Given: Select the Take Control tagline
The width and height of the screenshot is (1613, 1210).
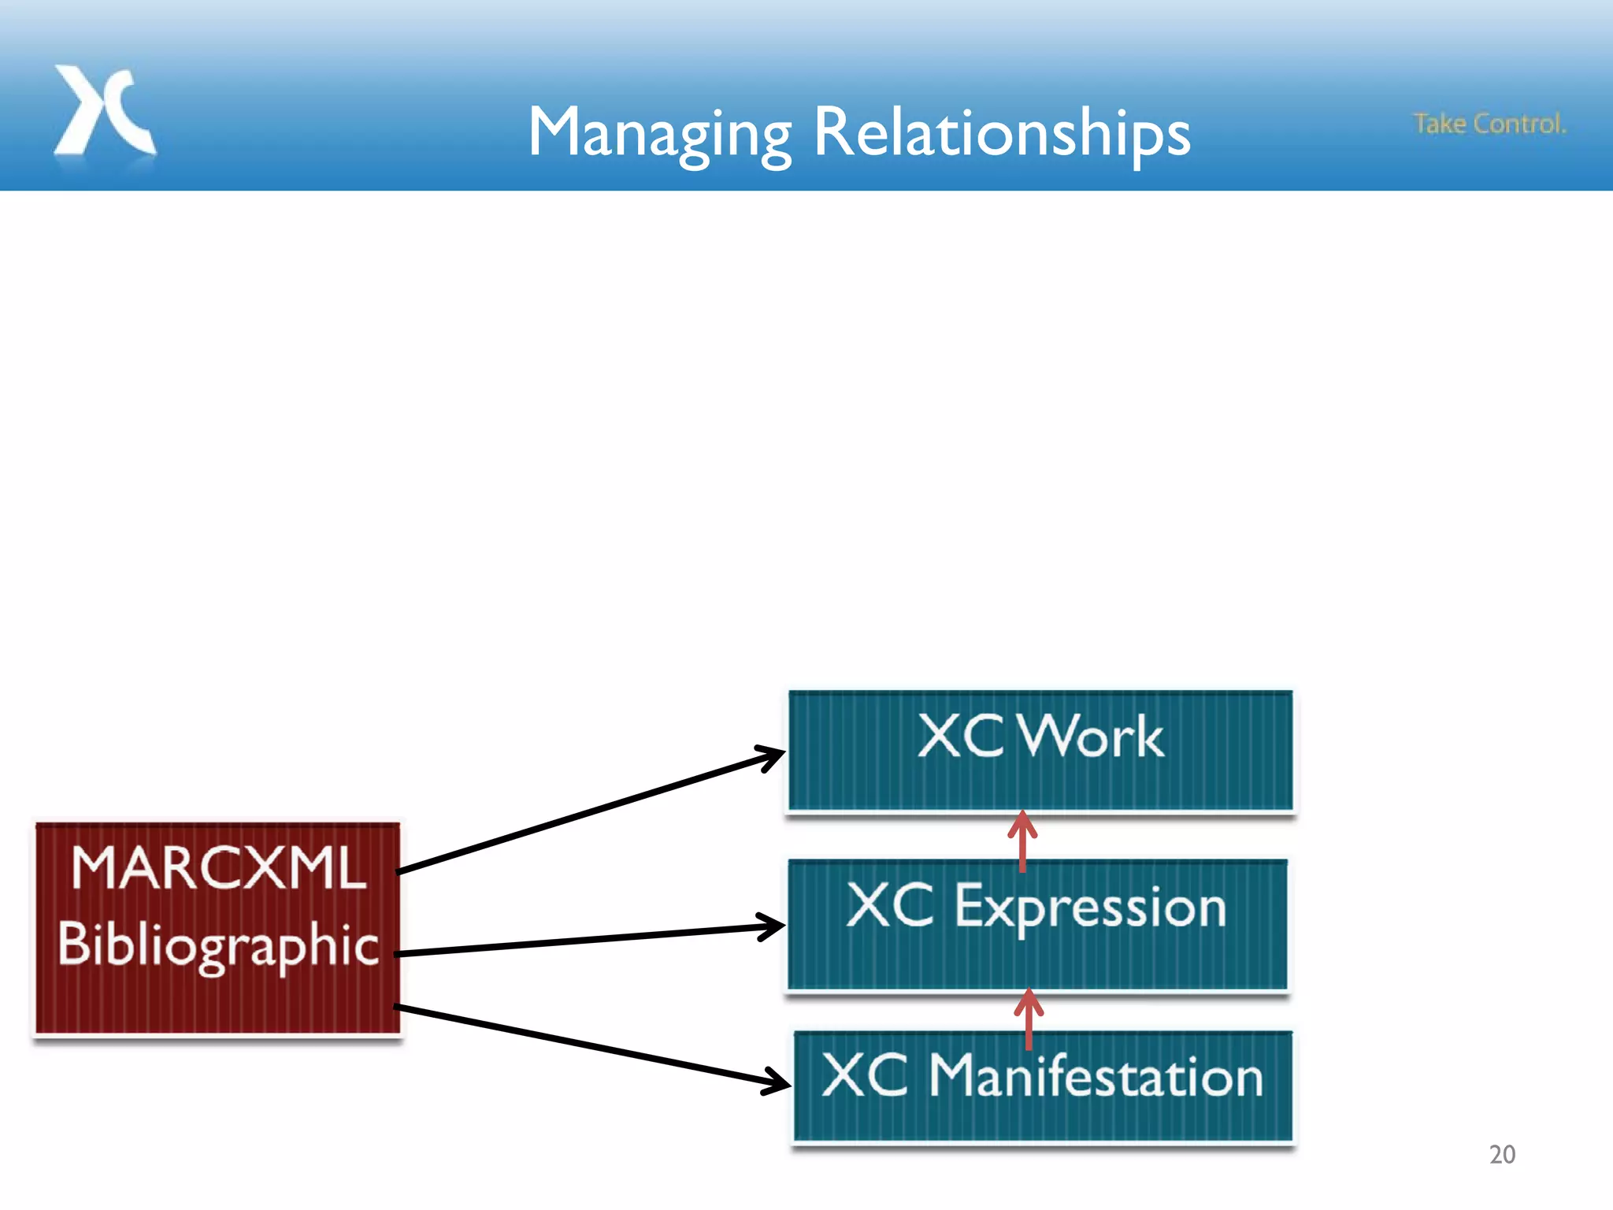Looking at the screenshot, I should [x=1489, y=124].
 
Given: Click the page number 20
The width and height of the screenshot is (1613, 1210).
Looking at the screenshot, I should [x=1502, y=1155].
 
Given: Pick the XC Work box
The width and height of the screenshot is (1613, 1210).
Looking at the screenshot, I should [x=1040, y=780].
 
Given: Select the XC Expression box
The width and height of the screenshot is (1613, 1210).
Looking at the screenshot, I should [x=1036, y=957].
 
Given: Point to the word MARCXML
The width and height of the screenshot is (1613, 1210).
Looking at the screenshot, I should [x=218, y=869].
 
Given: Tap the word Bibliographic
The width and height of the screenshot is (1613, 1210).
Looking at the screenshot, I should [x=218, y=945].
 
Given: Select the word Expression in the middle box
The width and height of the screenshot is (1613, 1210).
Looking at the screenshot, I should [x=1091, y=907].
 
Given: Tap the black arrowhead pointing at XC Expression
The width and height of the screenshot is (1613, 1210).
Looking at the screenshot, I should [x=772, y=927].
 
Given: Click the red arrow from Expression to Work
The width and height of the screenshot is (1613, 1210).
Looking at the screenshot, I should [x=1022, y=841].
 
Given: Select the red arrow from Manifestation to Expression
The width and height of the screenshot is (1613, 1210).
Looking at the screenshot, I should [x=1029, y=1019].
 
